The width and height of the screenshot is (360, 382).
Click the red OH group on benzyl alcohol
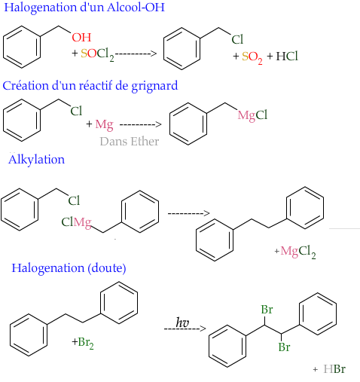(x=81, y=38)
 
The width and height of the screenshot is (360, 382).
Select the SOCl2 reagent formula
(x=97, y=54)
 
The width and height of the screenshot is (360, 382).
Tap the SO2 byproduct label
(x=252, y=57)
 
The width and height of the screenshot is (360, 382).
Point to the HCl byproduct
(x=287, y=56)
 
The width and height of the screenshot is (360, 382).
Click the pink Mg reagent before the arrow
(x=104, y=125)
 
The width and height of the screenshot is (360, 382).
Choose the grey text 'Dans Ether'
(x=130, y=142)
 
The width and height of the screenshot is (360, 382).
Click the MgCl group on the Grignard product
(x=252, y=116)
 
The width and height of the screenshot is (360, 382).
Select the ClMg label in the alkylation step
(x=76, y=222)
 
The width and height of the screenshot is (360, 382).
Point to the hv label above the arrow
(x=182, y=322)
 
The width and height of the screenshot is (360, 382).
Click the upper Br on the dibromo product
(x=267, y=310)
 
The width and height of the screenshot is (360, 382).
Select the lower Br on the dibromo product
(x=284, y=347)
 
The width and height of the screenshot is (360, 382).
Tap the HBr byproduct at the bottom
(x=334, y=369)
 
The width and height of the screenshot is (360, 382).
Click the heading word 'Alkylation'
(x=36, y=160)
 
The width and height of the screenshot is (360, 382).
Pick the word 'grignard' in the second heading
(x=154, y=86)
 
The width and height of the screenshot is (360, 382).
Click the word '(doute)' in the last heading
(x=107, y=268)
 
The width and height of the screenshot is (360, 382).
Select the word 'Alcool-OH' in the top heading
(x=136, y=8)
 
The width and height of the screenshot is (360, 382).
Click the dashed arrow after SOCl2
(x=136, y=53)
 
